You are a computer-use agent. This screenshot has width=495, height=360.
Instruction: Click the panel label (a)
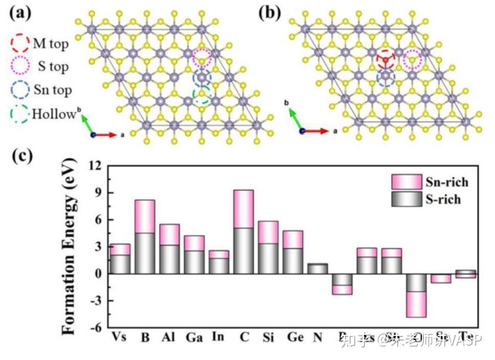coord(20,13)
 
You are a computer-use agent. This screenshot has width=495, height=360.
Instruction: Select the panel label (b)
coord(270,13)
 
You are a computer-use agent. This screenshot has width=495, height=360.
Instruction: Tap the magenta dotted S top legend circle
coord(20,66)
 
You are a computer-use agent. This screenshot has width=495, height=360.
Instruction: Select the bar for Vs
coord(120,259)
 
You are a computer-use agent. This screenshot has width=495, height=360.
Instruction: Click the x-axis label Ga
coord(194,337)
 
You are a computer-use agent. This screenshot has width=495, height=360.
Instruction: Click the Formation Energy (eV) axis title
coord(72,246)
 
